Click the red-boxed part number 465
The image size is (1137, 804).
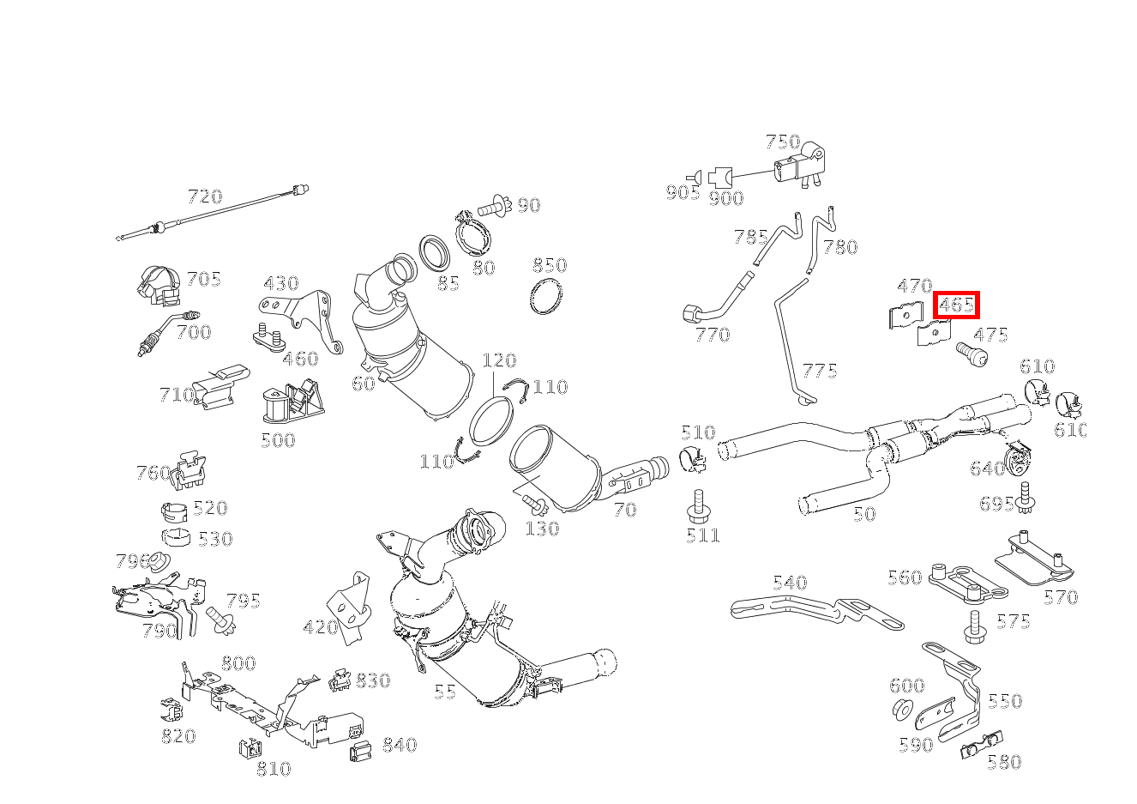click(x=956, y=305)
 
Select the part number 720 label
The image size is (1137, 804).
click(x=205, y=196)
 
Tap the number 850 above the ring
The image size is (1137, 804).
click(x=550, y=265)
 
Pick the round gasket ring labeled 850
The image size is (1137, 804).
click(x=546, y=296)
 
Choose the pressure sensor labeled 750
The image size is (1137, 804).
click(x=798, y=166)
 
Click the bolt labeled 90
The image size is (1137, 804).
click(x=495, y=207)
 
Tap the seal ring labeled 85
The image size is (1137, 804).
click(x=434, y=253)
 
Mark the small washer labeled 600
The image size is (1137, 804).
click(x=903, y=709)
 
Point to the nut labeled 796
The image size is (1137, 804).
click(x=159, y=560)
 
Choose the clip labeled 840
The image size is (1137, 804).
click(x=360, y=751)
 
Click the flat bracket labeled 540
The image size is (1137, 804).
click(x=817, y=613)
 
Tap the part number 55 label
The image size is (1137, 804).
click(x=445, y=692)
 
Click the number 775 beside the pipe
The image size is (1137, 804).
click(x=820, y=371)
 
